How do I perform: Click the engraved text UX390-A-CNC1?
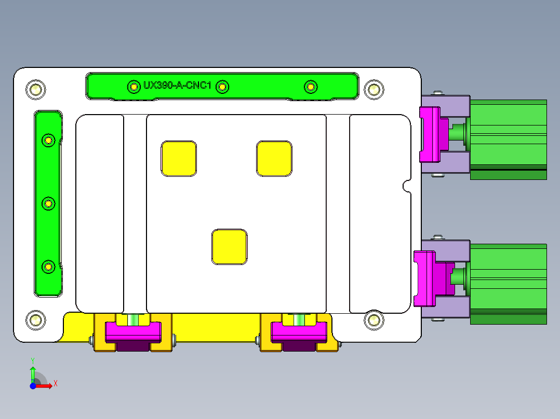177,86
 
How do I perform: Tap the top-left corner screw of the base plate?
35,89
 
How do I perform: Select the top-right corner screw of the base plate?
373,89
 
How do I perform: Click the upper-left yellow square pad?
179,158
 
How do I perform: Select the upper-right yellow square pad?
274,158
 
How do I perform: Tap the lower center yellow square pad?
229,247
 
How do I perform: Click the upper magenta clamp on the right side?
430,134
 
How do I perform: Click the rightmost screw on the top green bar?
310,87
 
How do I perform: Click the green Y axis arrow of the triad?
33,372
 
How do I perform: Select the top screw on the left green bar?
48,140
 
